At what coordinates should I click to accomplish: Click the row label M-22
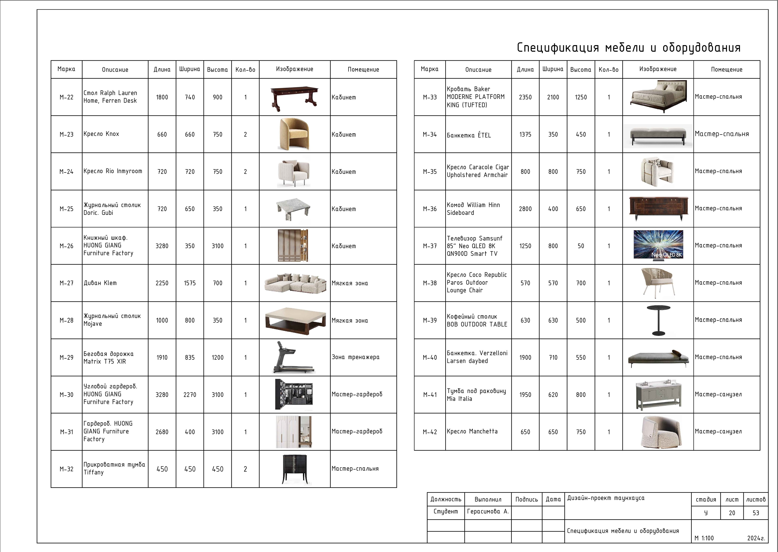point(66,97)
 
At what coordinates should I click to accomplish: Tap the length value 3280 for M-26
point(162,246)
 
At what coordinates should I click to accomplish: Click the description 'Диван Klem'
point(100,283)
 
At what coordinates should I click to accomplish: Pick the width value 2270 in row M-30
point(190,395)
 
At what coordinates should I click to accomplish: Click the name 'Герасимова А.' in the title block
point(488,511)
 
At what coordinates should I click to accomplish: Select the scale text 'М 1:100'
point(704,538)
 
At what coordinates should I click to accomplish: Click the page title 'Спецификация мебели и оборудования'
point(629,48)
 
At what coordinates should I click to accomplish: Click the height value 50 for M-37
point(581,246)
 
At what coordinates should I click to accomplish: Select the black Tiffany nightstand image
point(295,469)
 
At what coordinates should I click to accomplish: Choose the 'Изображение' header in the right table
point(658,69)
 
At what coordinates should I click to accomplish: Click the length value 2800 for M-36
point(525,209)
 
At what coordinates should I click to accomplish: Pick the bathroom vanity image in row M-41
point(658,395)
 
